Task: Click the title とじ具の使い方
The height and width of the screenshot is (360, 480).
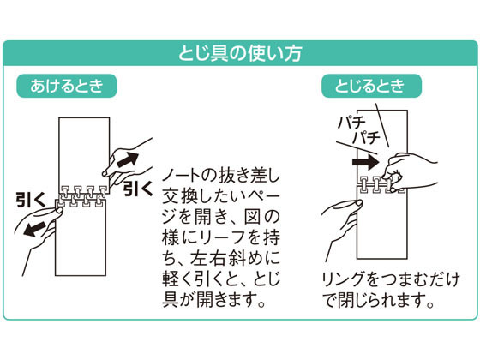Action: coord(240,53)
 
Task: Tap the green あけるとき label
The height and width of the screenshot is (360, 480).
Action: coord(67,86)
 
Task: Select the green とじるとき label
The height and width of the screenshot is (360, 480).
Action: coord(371,86)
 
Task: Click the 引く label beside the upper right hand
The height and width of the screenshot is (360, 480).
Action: coord(137,189)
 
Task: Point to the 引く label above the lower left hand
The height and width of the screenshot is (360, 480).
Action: coord(31,199)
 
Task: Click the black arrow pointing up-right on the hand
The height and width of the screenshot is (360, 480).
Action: coord(128,159)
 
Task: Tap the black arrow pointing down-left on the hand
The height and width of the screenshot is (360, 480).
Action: coord(34,229)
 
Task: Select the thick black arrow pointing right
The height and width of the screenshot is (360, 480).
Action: coord(365,162)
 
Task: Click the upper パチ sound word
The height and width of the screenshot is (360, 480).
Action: coord(351,123)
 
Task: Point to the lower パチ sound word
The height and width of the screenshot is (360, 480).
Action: coord(366,137)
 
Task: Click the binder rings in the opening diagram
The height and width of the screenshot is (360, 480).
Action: coord(81,196)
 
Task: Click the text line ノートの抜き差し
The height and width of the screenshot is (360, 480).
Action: coord(221,176)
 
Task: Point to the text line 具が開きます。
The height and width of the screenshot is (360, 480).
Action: coord(214,299)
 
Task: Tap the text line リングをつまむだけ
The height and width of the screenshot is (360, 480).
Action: coord(391,279)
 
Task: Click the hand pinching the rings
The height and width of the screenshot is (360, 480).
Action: coord(409,171)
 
